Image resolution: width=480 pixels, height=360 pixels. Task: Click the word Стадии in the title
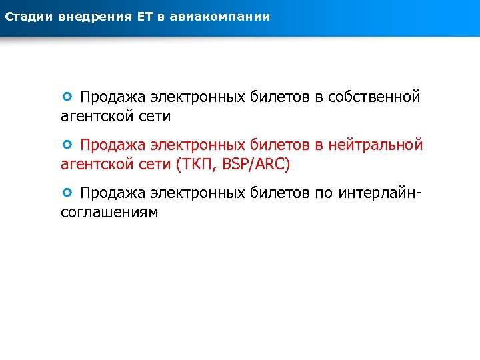(27, 16)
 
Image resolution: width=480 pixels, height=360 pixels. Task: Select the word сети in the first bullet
(156, 117)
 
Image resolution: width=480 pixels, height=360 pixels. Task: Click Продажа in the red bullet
(112, 145)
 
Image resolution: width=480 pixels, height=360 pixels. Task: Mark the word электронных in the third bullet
(197, 193)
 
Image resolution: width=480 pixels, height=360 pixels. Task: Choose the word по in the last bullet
(323, 193)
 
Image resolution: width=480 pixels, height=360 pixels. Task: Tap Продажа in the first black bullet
(112, 97)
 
